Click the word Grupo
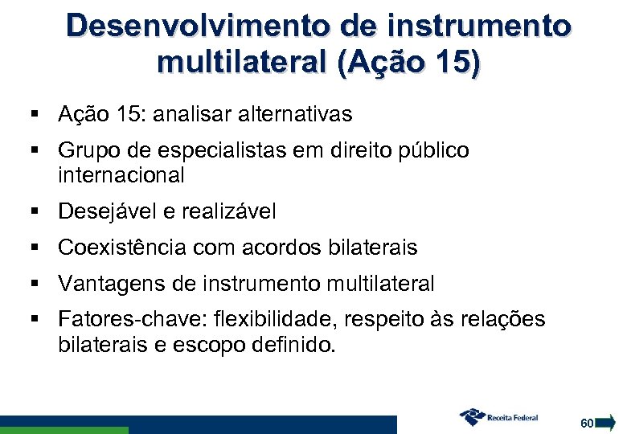(x=88, y=151)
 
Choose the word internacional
(x=121, y=174)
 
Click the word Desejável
(x=107, y=212)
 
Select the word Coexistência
(x=122, y=248)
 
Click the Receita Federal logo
(x=499, y=417)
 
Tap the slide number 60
(x=587, y=423)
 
